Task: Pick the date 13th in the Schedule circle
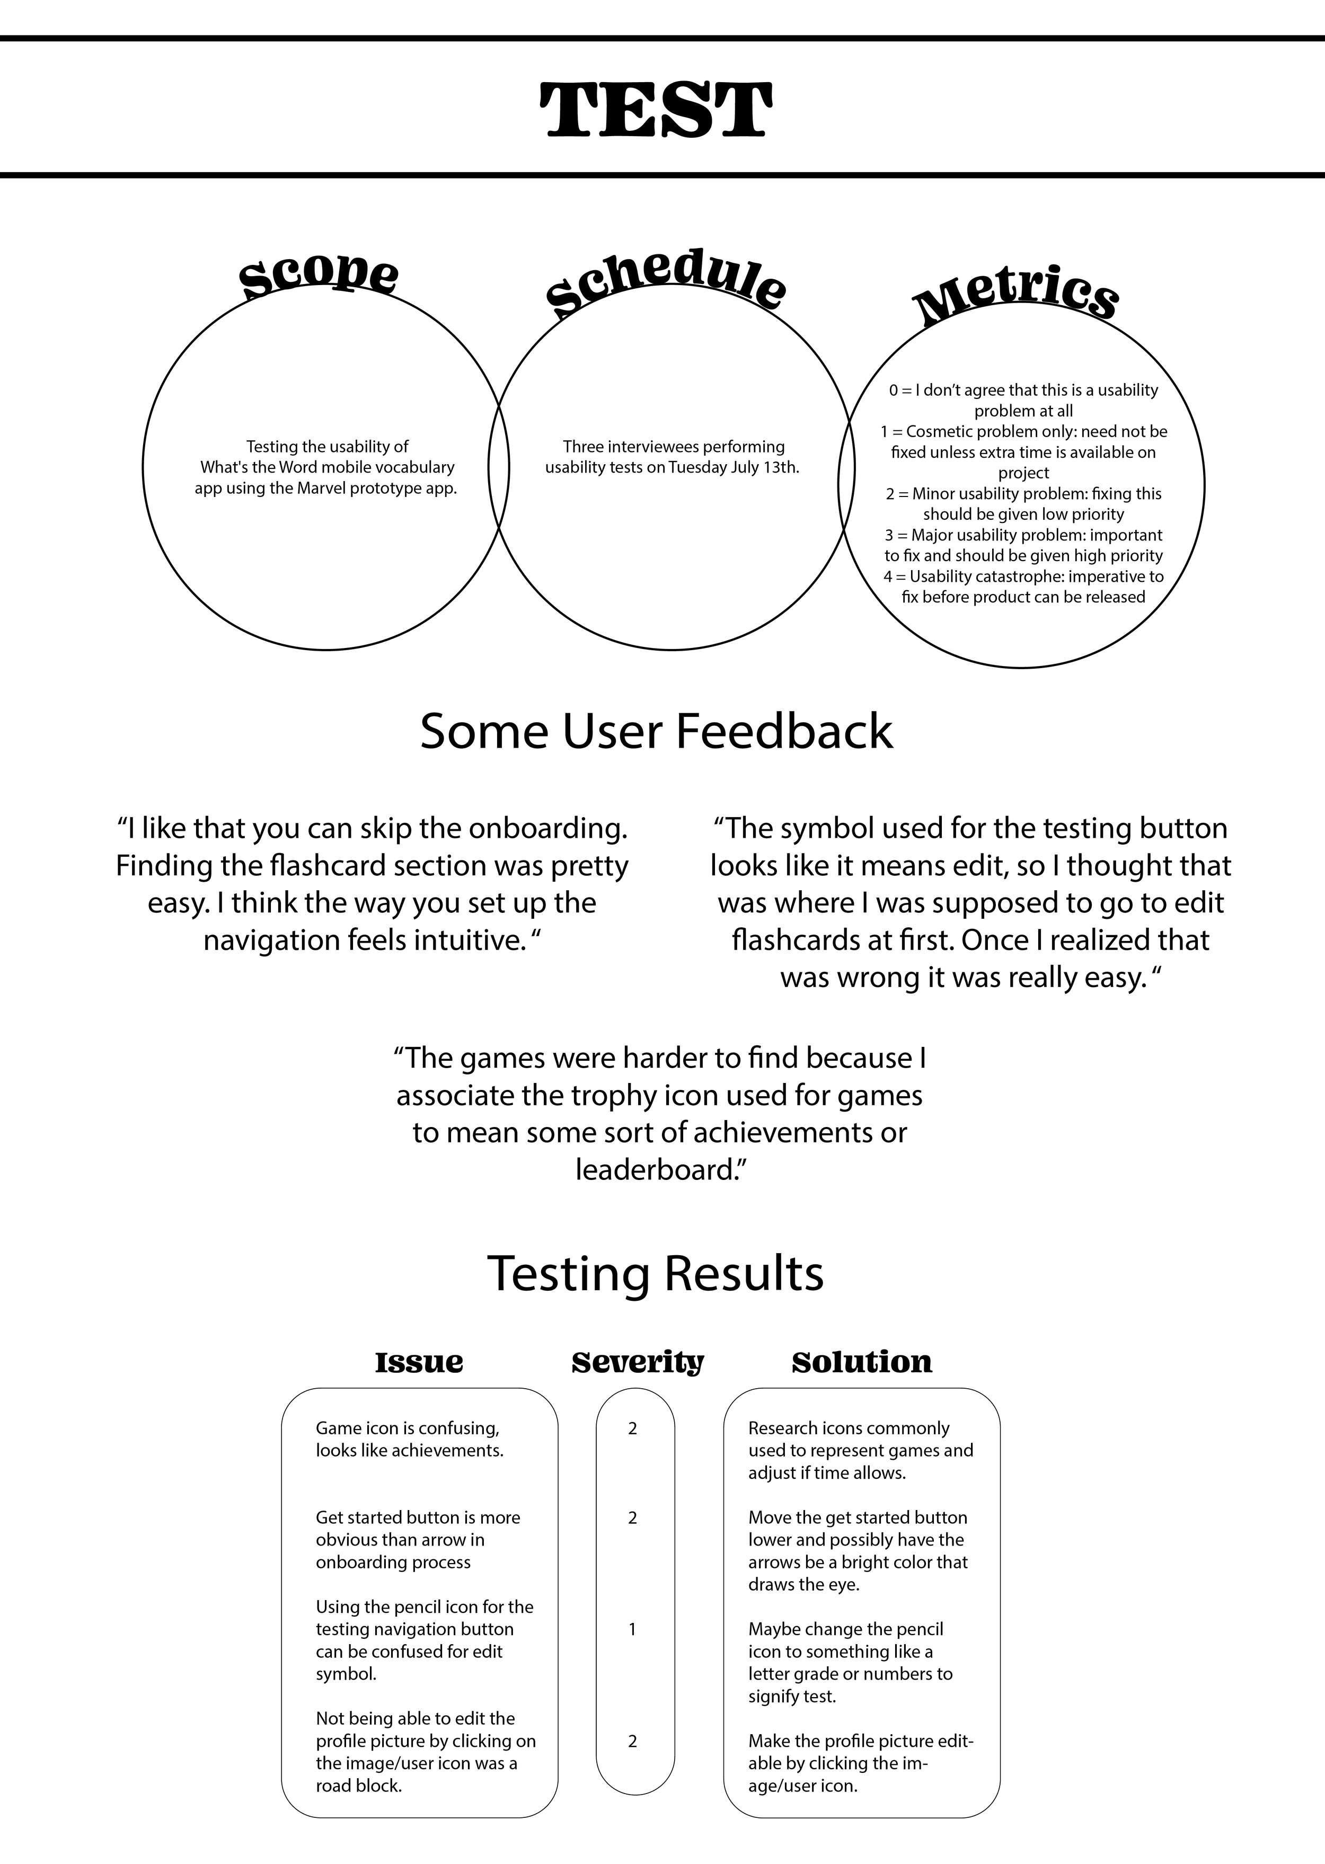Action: click(779, 467)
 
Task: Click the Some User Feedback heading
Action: click(656, 730)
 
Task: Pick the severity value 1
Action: click(632, 1629)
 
